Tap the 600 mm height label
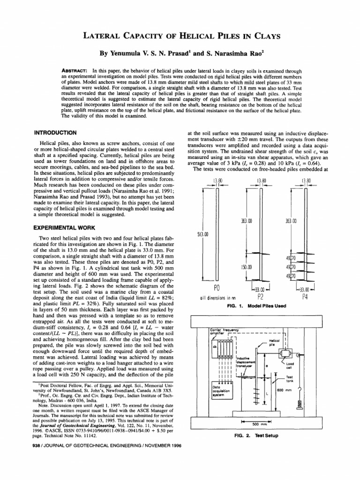point(283,390)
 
